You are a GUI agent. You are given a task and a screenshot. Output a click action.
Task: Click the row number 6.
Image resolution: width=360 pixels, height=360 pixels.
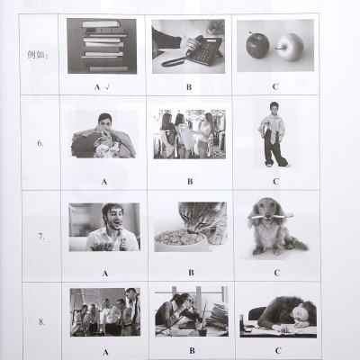point(40,143)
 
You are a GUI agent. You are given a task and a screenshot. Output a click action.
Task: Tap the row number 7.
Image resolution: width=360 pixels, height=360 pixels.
point(41,237)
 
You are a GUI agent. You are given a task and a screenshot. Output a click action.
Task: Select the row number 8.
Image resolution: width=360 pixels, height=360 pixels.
point(41,322)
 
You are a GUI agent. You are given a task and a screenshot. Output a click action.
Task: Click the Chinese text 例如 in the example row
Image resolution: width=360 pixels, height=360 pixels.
point(36,55)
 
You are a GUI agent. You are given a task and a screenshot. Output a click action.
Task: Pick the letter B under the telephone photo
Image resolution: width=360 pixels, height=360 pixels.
point(189,87)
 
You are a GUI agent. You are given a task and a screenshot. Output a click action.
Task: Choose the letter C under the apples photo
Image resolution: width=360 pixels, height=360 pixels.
point(275,87)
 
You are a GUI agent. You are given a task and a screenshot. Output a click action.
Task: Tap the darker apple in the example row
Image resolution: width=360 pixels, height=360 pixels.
point(257,45)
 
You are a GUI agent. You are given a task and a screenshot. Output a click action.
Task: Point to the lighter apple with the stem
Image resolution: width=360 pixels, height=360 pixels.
point(290,48)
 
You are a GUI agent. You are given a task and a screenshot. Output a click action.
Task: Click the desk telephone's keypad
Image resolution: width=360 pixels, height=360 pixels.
point(205,51)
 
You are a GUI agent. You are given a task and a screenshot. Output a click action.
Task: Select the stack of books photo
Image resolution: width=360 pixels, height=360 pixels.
point(102,46)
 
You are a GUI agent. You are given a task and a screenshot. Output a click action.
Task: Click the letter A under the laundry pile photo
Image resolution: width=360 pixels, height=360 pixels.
point(104,182)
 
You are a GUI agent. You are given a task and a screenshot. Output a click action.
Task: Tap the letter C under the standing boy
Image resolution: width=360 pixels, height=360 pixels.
point(276,182)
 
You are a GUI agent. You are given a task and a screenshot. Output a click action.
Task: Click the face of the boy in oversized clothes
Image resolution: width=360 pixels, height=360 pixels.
point(274,109)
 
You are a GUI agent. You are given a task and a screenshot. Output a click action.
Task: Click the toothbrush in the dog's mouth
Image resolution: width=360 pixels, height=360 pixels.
point(270,215)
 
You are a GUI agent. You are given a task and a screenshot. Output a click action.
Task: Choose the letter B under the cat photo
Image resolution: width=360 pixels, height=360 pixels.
point(191,273)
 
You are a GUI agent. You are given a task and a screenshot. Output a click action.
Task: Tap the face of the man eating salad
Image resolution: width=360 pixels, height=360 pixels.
point(114,218)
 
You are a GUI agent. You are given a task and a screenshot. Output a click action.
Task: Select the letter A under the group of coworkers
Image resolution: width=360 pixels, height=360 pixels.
point(105,352)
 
